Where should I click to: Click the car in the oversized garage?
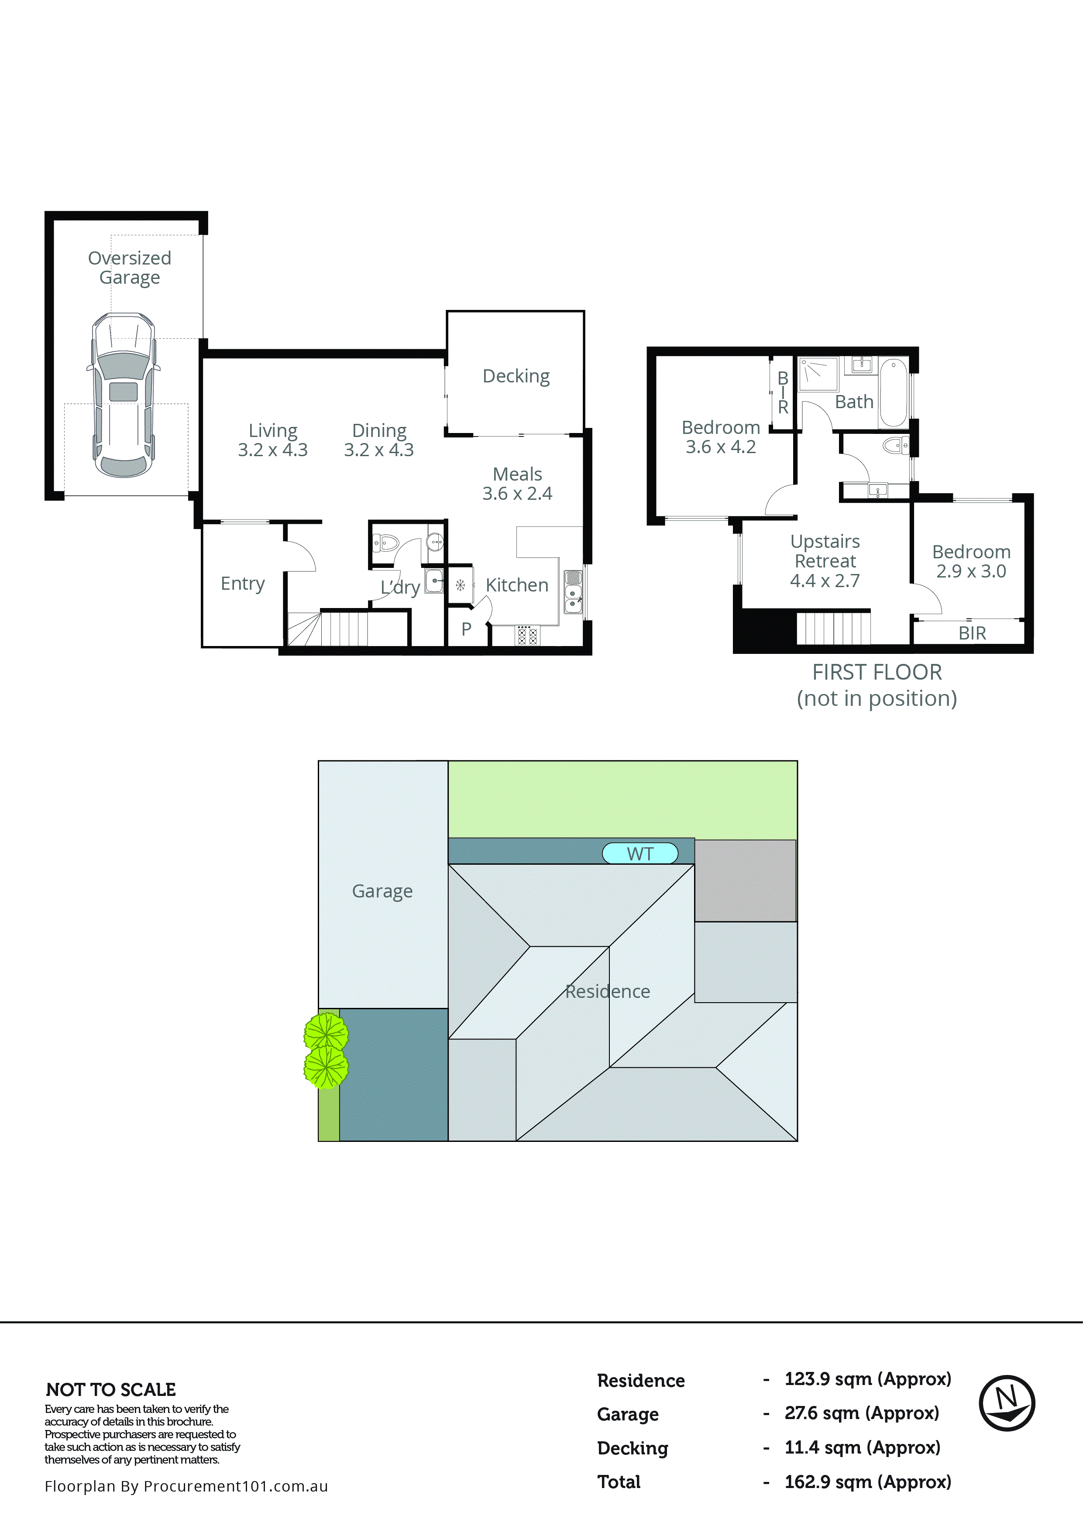click(123, 395)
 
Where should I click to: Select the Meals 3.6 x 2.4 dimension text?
click(517, 493)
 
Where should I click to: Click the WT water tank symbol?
click(639, 853)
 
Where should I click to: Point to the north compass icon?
click(1006, 1403)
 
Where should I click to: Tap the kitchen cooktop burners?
click(527, 636)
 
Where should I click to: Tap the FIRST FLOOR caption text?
click(876, 672)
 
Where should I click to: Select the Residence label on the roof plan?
click(607, 991)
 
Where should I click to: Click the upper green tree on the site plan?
click(326, 1032)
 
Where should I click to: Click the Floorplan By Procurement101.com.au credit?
click(186, 1485)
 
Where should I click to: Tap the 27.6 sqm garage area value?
click(861, 1413)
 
